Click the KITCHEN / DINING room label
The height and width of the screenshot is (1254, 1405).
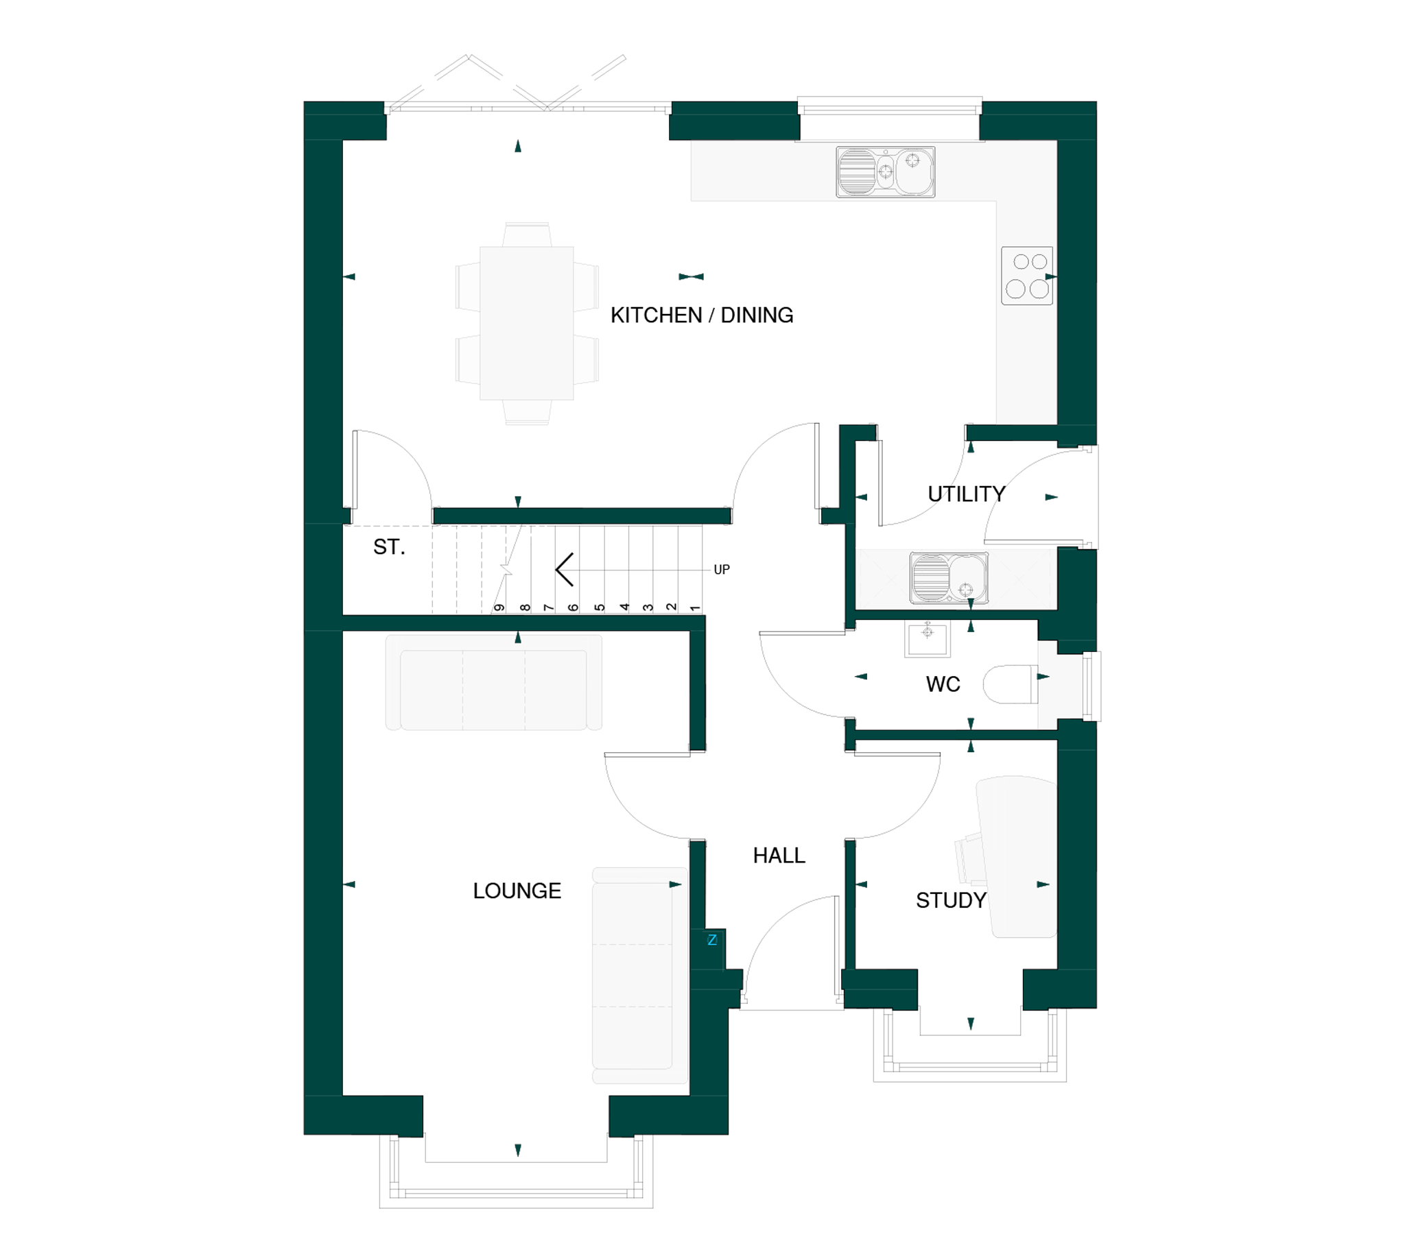click(x=702, y=315)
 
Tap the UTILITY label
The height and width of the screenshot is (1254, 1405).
click(x=967, y=494)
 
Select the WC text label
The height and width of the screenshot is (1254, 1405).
click(x=943, y=684)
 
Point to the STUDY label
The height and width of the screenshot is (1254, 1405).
click(x=952, y=900)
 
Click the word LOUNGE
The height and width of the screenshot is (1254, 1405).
click(x=517, y=891)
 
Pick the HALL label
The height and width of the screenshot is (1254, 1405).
click(x=779, y=855)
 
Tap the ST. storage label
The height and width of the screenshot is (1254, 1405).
click(x=389, y=546)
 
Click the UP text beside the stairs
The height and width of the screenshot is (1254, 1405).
click(x=722, y=570)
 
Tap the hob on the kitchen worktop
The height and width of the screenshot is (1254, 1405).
click(x=1027, y=276)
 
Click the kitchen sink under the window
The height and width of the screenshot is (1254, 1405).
click(x=886, y=171)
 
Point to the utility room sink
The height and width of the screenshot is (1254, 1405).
click(x=949, y=578)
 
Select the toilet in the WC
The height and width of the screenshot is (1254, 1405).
click(x=1011, y=684)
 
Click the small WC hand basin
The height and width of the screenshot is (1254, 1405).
click(x=928, y=639)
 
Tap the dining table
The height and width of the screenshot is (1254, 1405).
click(x=527, y=323)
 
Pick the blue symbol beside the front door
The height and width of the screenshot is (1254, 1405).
click(x=712, y=940)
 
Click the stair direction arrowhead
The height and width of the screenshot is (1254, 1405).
click(x=564, y=569)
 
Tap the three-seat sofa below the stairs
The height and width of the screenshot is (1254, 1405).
click(x=494, y=682)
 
